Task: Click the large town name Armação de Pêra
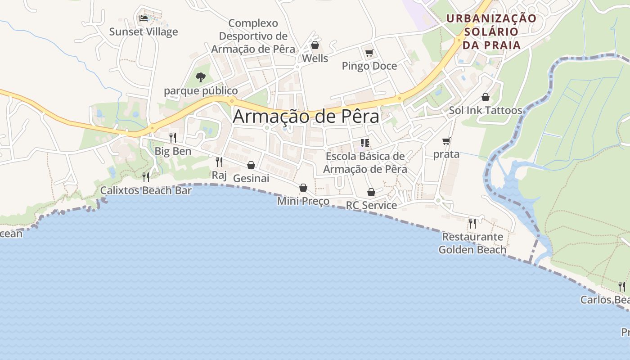306,117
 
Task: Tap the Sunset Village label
144,32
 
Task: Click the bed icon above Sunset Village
144,18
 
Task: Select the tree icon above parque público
201,77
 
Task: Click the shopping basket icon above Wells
315,45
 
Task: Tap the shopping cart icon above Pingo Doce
369,53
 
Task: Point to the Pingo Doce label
369,66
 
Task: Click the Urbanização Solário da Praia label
491,31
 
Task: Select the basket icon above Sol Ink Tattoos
486,97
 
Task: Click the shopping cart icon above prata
446,141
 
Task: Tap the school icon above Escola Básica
365,144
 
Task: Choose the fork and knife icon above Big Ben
173,138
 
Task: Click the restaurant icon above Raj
219,162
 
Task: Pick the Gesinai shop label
251,179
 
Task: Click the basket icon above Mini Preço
303,188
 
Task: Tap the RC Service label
371,206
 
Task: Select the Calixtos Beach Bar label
146,190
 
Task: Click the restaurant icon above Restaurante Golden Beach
472,223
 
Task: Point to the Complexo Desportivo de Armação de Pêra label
253,36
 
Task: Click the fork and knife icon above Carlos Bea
622,286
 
